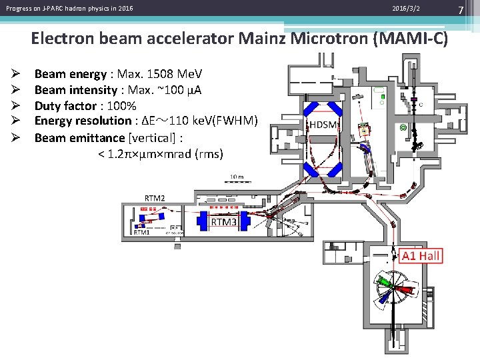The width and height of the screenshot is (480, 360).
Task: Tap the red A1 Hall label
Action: point(421,256)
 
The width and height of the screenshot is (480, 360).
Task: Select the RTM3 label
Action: point(223,221)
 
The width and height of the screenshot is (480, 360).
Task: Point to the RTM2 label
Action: point(155,198)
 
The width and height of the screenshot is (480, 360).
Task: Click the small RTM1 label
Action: point(141,233)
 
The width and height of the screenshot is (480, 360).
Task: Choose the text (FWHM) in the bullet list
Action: point(234,121)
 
